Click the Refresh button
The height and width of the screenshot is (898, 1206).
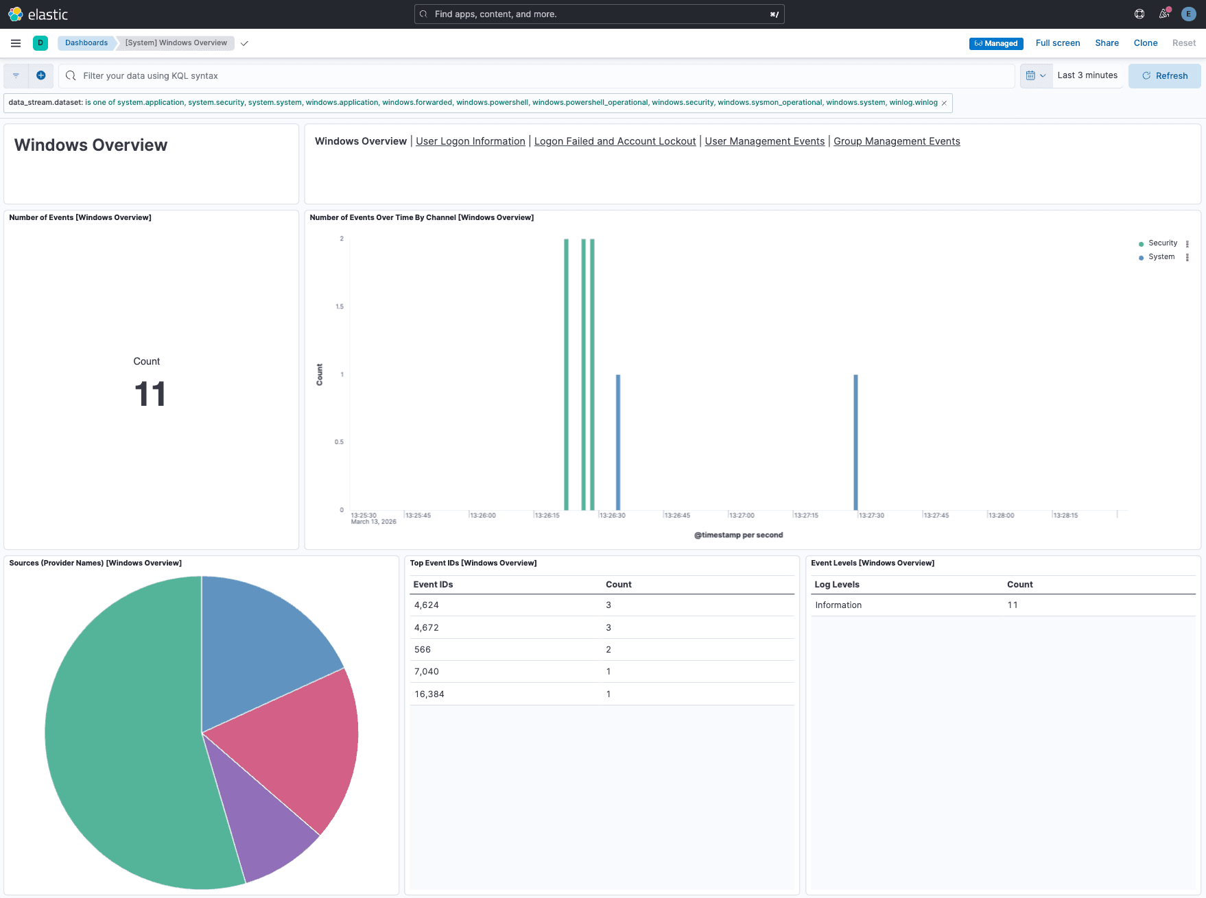pos(1164,75)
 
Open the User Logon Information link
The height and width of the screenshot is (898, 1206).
pos(470,141)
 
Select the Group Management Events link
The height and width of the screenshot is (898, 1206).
pos(896,141)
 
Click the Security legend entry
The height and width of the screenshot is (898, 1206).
pos(1162,243)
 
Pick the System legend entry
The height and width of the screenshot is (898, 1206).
pos(1161,257)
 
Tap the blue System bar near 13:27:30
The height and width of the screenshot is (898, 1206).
pos(855,442)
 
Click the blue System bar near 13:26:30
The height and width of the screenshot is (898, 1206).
pos(618,442)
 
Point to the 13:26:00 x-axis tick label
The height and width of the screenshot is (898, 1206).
pos(482,515)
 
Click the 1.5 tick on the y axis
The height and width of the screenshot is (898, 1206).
pos(340,306)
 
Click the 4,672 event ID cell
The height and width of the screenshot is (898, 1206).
pos(426,627)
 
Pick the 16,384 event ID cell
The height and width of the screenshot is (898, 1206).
pos(429,694)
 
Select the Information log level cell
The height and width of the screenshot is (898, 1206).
pos(838,605)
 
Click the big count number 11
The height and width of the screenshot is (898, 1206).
pos(150,394)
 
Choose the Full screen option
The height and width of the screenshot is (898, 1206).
pos(1057,43)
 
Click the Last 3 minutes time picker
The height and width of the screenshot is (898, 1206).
pos(1087,75)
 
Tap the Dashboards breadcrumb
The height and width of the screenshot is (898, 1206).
pos(86,43)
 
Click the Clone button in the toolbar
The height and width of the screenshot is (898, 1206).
pos(1145,43)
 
